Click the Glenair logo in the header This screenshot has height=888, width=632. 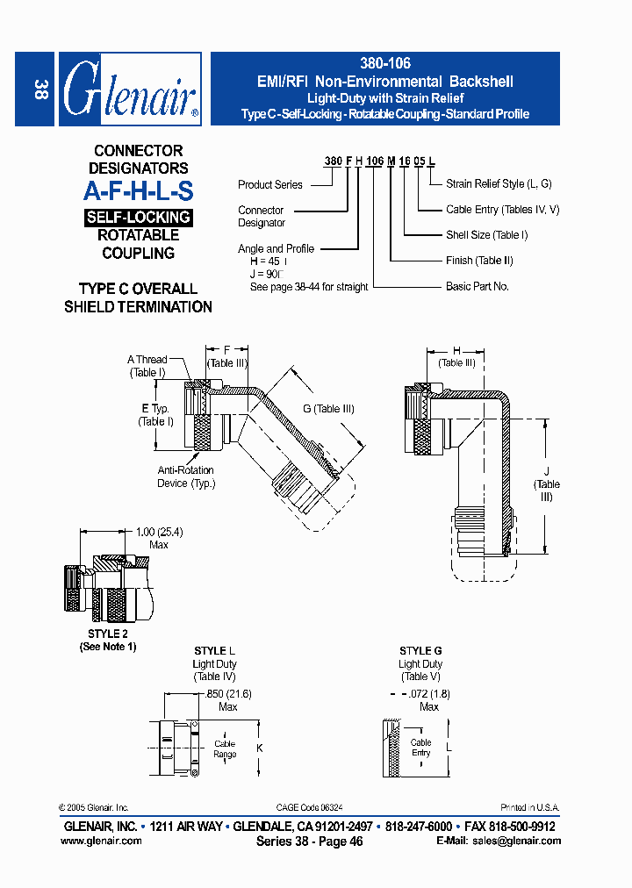click(130, 90)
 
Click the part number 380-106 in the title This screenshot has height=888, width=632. click(385, 64)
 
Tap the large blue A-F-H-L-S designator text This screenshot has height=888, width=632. click(139, 191)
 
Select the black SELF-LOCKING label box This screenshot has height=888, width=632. click(139, 217)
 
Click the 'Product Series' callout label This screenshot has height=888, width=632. click(269, 185)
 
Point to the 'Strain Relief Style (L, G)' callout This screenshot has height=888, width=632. click(497, 184)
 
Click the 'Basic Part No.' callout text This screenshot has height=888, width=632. click(477, 286)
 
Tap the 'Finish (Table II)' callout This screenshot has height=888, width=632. click(479, 261)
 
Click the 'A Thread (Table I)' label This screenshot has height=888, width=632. click(147, 366)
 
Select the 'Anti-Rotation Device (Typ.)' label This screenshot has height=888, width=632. click(185, 476)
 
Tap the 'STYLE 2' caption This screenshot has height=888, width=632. click(108, 634)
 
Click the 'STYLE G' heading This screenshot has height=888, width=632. click(420, 651)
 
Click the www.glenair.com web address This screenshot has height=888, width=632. click(101, 841)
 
